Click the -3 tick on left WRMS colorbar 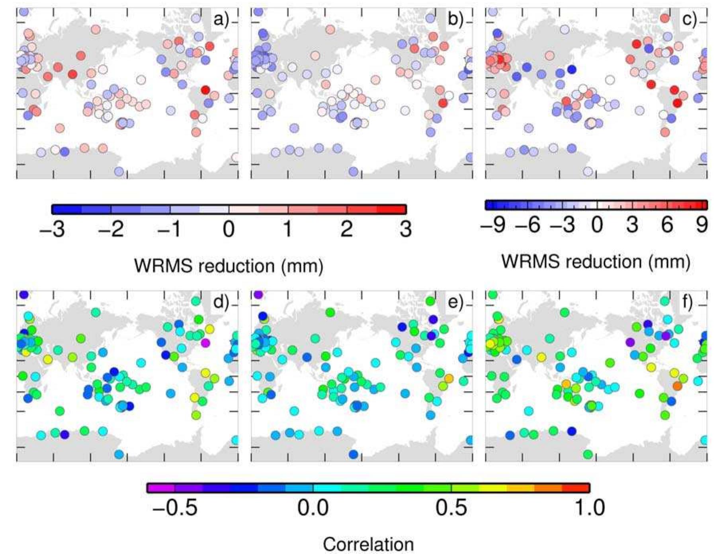click(52, 229)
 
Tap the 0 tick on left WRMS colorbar click(229, 229)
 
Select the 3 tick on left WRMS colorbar click(405, 229)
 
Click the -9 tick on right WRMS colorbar click(493, 225)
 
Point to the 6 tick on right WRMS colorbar click(667, 225)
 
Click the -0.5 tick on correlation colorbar click(175, 508)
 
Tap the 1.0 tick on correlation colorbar click(590, 508)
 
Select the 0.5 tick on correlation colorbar click(451, 508)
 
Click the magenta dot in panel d click(205, 343)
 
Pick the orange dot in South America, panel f click(677, 386)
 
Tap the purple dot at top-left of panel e click(258, 294)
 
